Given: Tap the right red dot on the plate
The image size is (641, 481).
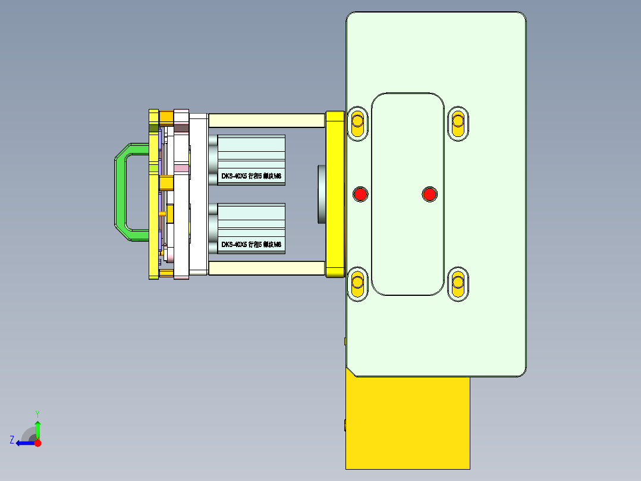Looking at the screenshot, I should pyautogui.click(x=429, y=193).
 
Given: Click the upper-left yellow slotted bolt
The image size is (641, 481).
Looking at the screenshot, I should pyautogui.click(x=357, y=123).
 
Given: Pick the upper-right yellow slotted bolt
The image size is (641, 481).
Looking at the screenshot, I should pyautogui.click(x=458, y=123).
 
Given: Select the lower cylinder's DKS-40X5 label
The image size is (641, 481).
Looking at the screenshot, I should pyautogui.click(x=250, y=245).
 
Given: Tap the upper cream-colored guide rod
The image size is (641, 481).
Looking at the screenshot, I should pyautogui.click(x=266, y=120).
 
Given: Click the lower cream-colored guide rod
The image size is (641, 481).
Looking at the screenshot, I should pyautogui.click(x=266, y=268).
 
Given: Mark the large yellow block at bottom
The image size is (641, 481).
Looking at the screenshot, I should pyautogui.click(x=407, y=423).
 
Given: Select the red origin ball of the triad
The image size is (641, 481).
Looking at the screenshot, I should pyautogui.click(x=37, y=443).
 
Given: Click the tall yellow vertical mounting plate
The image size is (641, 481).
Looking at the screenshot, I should pyautogui.click(x=335, y=193).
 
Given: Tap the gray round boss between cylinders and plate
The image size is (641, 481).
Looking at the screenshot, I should pyautogui.click(x=321, y=195).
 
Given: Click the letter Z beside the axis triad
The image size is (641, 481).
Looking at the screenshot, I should pyautogui.click(x=12, y=440).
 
